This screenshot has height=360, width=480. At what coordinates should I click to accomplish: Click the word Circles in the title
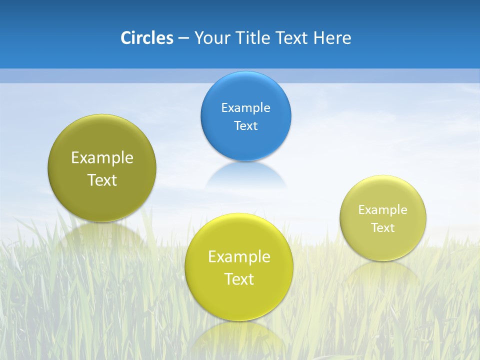(x=146, y=38)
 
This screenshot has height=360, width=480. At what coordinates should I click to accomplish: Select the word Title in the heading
(x=253, y=38)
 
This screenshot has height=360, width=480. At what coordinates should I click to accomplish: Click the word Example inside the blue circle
(x=245, y=107)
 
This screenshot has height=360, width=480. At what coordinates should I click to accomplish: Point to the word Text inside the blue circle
(x=245, y=125)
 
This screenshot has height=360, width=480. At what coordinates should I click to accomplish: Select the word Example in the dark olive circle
(x=102, y=157)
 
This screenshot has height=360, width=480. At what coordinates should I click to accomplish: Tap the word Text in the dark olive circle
(x=102, y=180)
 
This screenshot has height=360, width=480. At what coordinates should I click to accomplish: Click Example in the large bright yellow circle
(x=239, y=256)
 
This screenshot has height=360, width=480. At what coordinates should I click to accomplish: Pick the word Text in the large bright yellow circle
(x=239, y=279)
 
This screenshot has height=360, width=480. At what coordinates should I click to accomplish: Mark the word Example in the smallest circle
(x=383, y=209)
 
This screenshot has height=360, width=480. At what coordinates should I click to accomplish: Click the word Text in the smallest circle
(x=383, y=227)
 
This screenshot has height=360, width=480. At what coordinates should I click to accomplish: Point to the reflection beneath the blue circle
(x=245, y=175)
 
